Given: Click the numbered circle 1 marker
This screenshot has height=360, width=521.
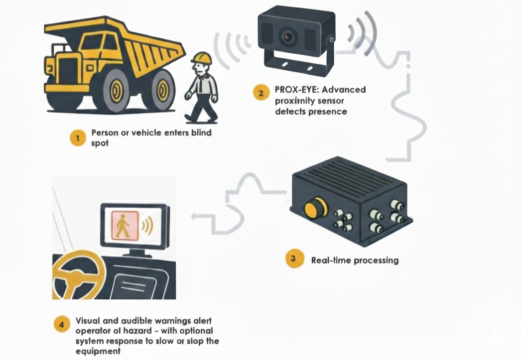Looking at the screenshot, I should pos(78,137).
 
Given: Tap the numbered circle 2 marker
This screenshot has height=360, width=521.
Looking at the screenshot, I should pos(260,93).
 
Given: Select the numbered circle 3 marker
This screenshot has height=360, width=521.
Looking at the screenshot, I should pos(293,259).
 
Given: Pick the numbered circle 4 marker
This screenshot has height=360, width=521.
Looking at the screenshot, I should pos(62,325).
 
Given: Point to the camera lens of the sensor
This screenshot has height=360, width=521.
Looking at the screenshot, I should pos(288,36).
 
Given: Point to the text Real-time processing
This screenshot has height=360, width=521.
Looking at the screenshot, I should pos(355,260).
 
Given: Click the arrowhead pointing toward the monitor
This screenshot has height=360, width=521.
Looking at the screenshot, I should pos(195,216).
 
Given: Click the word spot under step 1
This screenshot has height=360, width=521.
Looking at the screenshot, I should pos(100,143).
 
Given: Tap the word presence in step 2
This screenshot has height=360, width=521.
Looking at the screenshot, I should pos(328,112).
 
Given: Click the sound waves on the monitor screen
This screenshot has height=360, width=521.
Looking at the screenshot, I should pos(146,227).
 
